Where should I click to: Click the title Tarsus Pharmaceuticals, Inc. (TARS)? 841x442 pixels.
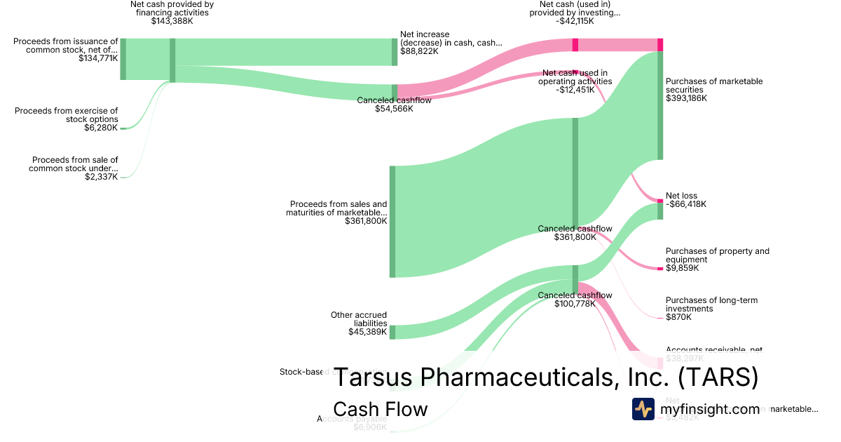pyautogui.click(x=545, y=377)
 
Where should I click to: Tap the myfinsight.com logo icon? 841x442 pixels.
pyautogui.click(x=643, y=409)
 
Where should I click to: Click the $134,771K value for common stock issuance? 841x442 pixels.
pyautogui.click(x=98, y=58)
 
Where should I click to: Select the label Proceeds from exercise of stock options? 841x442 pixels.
pyautogui.click(x=67, y=115)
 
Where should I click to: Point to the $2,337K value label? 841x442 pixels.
pyautogui.click(x=101, y=176)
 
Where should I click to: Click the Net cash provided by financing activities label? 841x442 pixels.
pyautogui.click(x=172, y=8)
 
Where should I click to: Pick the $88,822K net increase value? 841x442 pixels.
pyautogui.click(x=419, y=51)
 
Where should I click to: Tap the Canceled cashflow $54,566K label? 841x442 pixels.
pyautogui.click(x=394, y=105)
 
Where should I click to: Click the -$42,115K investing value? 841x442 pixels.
pyautogui.click(x=575, y=21)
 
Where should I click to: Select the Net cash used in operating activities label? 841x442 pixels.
pyautogui.click(x=575, y=76)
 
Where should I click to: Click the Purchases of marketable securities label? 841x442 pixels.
pyautogui.click(x=714, y=86)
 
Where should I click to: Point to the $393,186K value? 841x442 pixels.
pyautogui.click(x=686, y=98)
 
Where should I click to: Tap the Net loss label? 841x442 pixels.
pyautogui.click(x=681, y=196)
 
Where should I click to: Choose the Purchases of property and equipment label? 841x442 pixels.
pyautogui.click(x=717, y=255)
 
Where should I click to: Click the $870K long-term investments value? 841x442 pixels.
pyautogui.click(x=678, y=317)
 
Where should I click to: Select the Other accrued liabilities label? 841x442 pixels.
pyautogui.click(x=359, y=319)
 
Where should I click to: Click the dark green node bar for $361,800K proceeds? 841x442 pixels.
pyautogui.click(x=392, y=222)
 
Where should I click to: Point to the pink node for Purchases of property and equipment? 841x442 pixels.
pyautogui.click(x=659, y=269)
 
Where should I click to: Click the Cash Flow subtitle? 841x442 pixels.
pyautogui.click(x=380, y=409)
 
